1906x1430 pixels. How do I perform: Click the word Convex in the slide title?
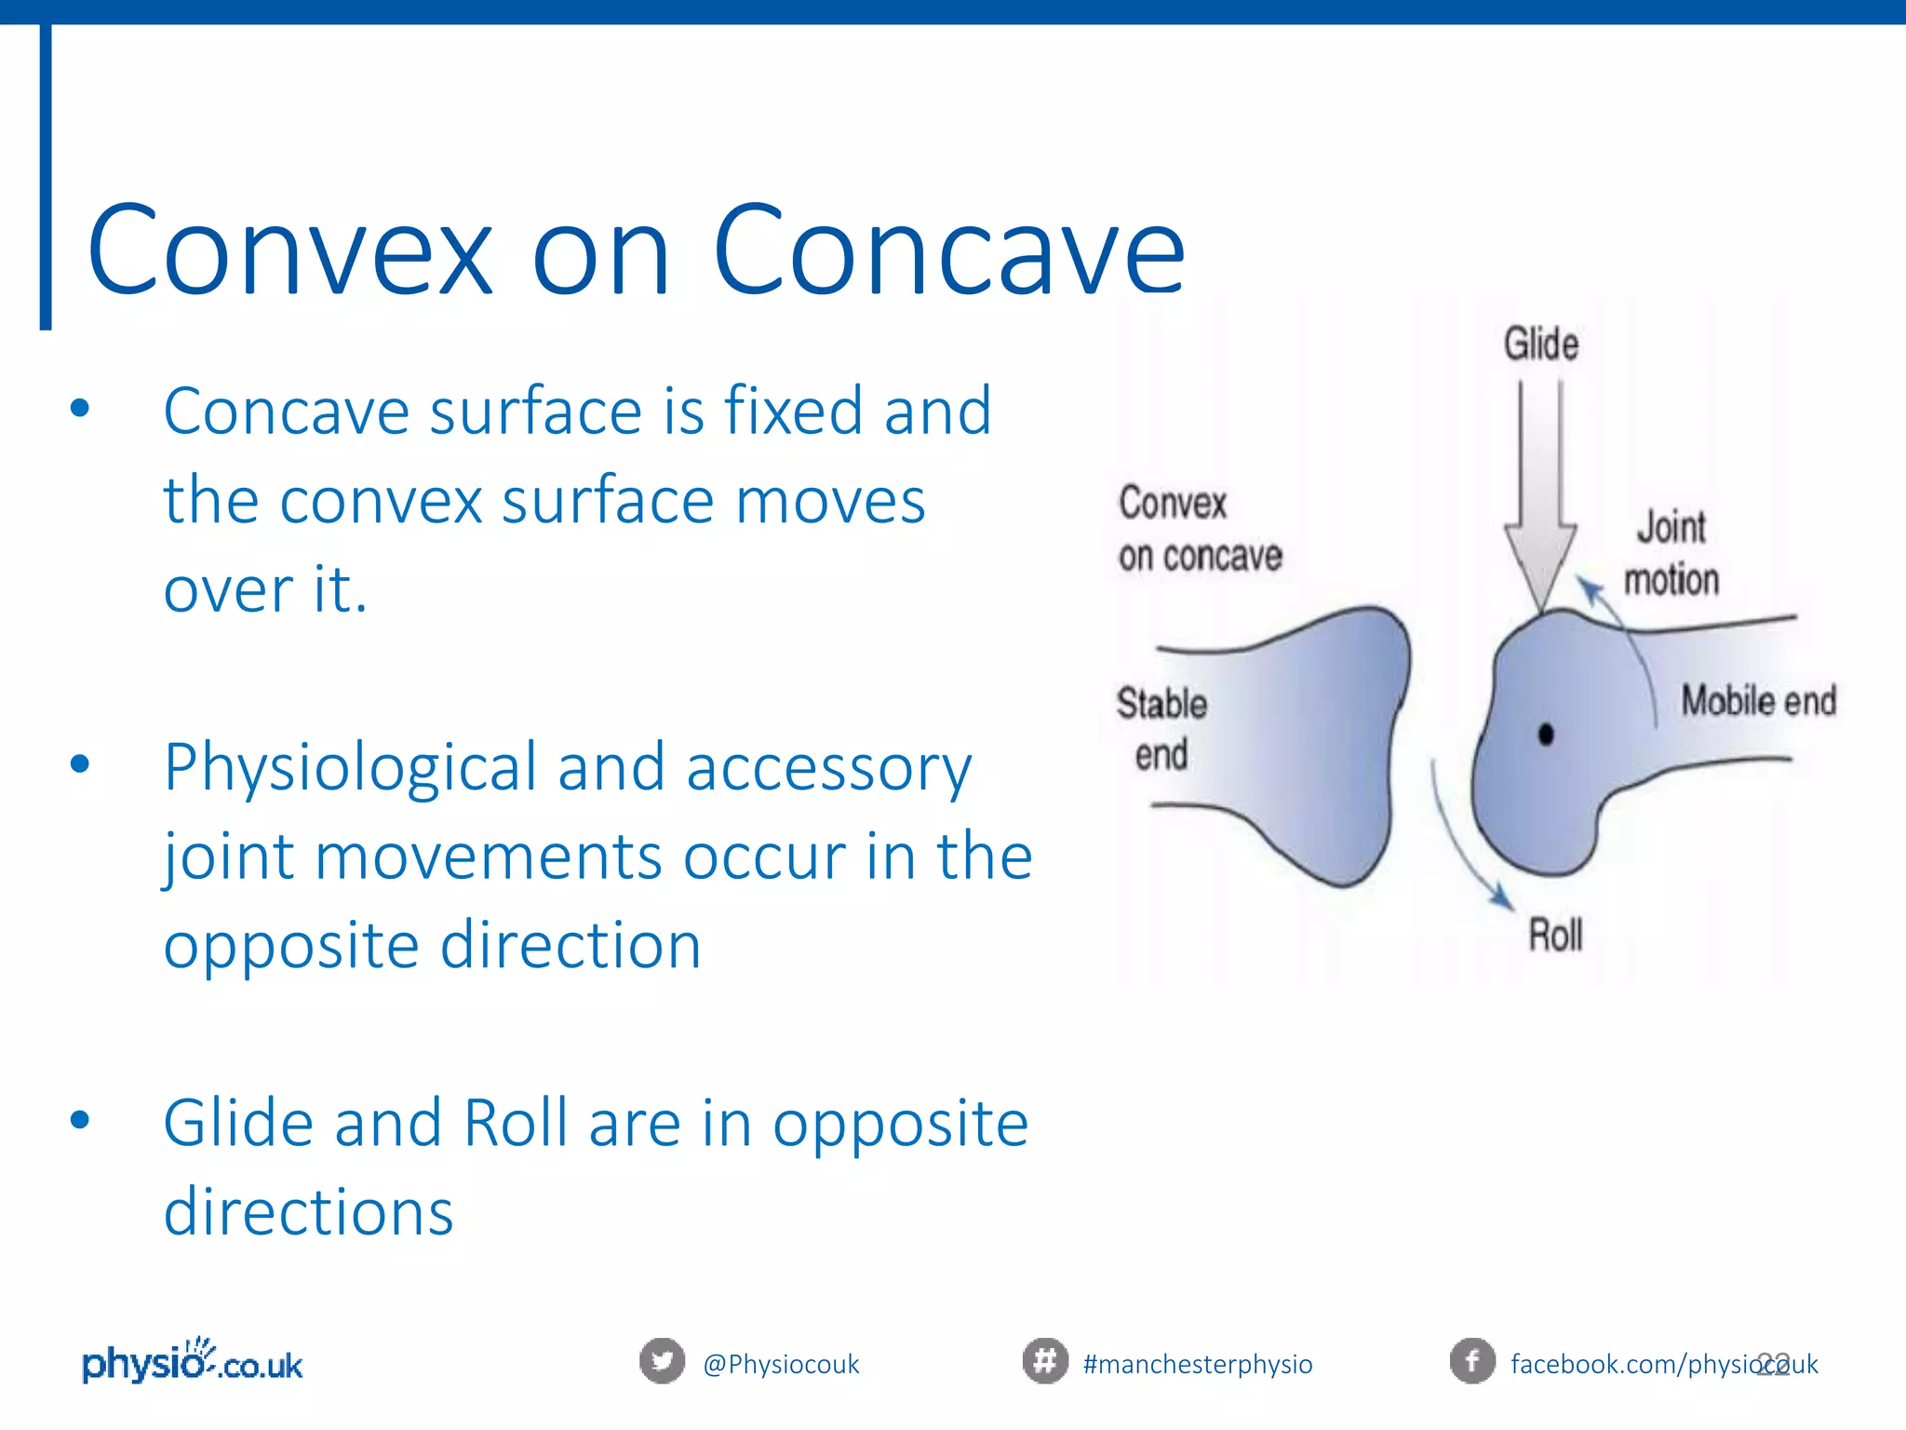pyautogui.click(x=289, y=251)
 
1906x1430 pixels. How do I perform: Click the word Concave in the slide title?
pyautogui.click(x=948, y=251)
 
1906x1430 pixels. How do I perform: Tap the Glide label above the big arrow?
pyautogui.click(x=1541, y=344)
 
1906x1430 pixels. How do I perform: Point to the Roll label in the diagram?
pyautogui.click(x=1555, y=935)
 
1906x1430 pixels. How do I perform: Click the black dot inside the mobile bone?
pyautogui.click(x=1546, y=735)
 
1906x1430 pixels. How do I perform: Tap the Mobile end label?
pyautogui.click(x=1758, y=701)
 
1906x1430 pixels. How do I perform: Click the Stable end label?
pyautogui.click(x=1161, y=729)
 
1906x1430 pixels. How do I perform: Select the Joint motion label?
pyautogui.click(x=1671, y=553)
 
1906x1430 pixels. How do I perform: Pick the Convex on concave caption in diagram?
pyautogui.click(x=1199, y=529)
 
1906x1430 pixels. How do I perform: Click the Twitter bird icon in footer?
pyautogui.click(x=662, y=1361)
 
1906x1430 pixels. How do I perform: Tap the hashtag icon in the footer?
pyautogui.click(x=1045, y=1361)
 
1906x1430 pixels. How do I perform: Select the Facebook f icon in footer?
pyautogui.click(x=1472, y=1361)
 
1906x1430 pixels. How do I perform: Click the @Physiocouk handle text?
pyautogui.click(x=781, y=1365)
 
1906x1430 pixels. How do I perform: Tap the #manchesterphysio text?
pyautogui.click(x=1198, y=1365)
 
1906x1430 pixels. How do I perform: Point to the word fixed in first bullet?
pyautogui.click(x=793, y=411)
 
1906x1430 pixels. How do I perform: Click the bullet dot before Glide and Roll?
pyautogui.click(x=80, y=1119)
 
